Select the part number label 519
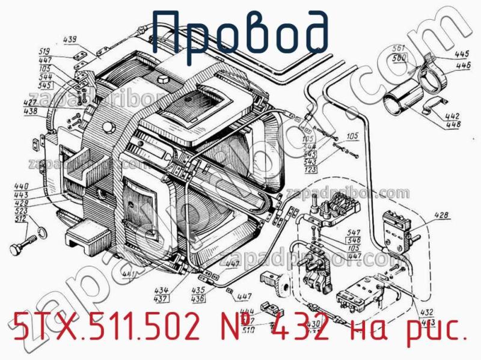pyautogui.click(x=61, y=51)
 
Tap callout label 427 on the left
pyautogui.click(x=31, y=103)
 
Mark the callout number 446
pyautogui.click(x=463, y=65)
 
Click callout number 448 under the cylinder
pyautogui.click(x=453, y=124)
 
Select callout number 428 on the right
pyautogui.click(x=441, y=215)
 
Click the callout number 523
pyautogui.click(x=22, y=212)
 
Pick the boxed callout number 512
pyautogui.click(x=22, y=219)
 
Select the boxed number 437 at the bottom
pyautogui.click(x=161, y=297)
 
